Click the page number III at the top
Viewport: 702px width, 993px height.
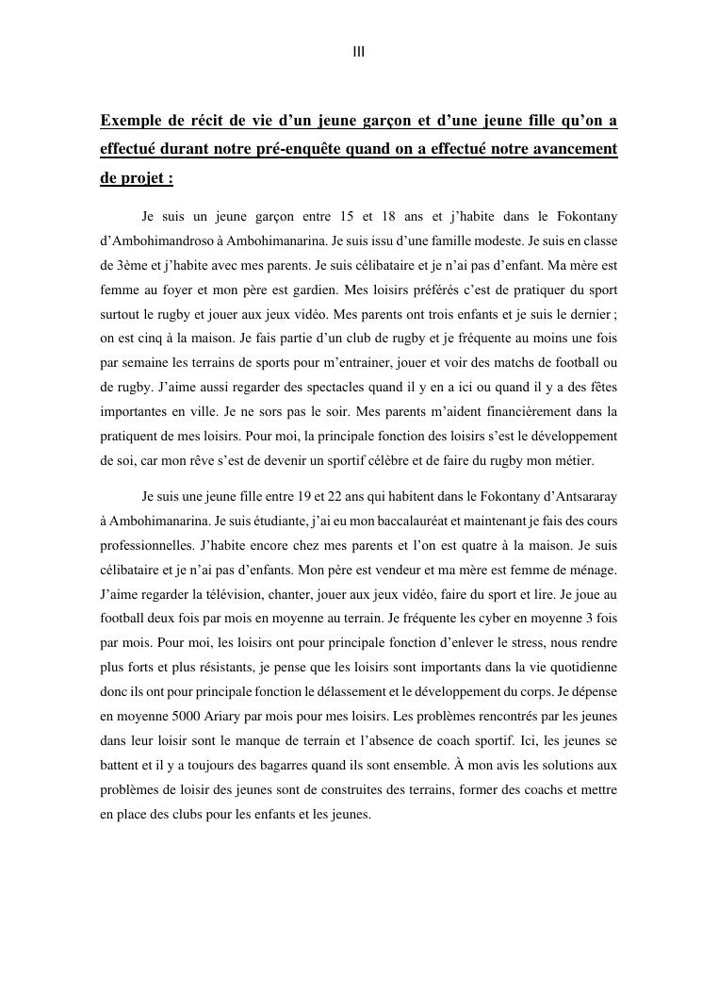(x=359, y=53)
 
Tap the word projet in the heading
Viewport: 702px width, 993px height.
(x=145, y=178)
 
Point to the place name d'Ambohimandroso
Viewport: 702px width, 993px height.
(x=159, y=240)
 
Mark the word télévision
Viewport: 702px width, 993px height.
(x=225, y=594)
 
